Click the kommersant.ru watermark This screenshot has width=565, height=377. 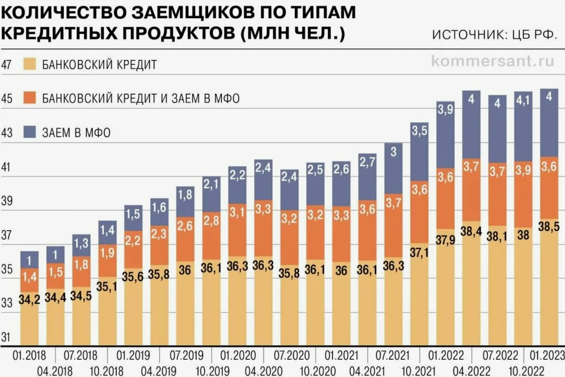(x=492, y=61)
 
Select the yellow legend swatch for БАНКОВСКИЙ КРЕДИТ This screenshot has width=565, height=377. (x=29, y=65)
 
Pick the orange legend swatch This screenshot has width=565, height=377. (x=29, y=99)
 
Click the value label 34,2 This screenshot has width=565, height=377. (x=29, y=301)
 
